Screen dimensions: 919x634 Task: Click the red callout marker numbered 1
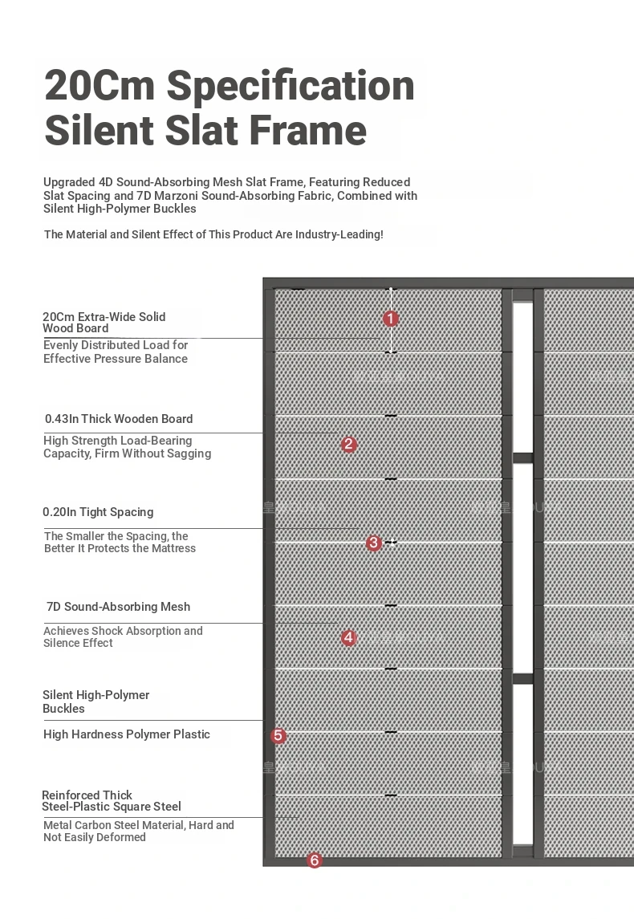click(x=391, y=319)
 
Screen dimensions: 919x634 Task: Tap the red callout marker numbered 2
click(x=348, y=444)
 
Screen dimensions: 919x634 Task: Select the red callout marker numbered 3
click(x=373, y=543)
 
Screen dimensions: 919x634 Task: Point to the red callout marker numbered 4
click(x=348, y=637)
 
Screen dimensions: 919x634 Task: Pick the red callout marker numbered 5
click(x=278, y=735)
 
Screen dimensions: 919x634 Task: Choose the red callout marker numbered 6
click(x=315, y=860)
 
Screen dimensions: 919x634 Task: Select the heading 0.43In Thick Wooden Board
click(x=119, y=419)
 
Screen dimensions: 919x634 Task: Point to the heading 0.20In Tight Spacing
click(x=98, y=512)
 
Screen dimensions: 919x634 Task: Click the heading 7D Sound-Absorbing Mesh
click(x=118, y=607)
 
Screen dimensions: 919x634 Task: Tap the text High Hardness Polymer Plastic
click(x=127, y=734)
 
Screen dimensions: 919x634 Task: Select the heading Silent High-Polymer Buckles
click(x=96, y=701)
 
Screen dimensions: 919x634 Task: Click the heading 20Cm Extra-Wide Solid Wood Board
click(x=104, y=323)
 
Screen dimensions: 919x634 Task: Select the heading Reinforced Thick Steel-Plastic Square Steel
click(x=112, y=801)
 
